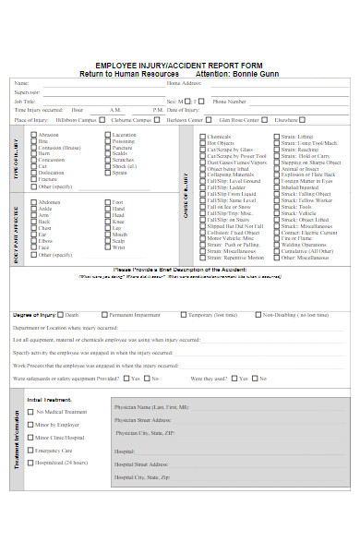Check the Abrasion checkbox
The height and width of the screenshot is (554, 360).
35,136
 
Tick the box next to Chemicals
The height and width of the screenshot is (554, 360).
203,136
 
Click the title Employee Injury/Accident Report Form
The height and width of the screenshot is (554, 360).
179,64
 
